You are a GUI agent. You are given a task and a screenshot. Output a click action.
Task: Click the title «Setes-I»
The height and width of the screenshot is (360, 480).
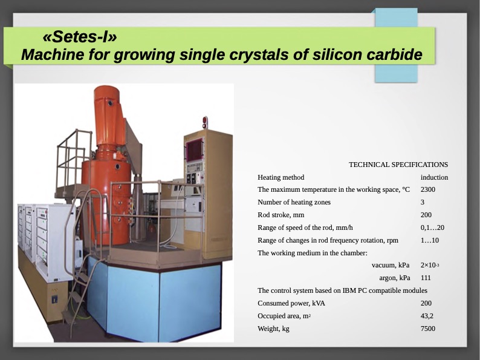coord(80,37)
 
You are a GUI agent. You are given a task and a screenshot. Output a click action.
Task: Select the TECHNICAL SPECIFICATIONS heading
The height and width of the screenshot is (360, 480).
coord(398,165)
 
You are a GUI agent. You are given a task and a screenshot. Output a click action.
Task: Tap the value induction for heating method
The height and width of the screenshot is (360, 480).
coord(434,177)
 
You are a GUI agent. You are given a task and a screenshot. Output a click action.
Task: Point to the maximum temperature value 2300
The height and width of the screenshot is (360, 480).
coord(427,189)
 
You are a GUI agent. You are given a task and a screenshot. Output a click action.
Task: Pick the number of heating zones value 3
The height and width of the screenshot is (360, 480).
coord(423,202)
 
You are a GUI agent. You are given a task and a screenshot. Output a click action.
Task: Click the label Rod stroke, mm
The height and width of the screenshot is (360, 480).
coord(281,215)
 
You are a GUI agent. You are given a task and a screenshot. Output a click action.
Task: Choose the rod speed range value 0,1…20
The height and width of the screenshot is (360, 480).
coord(432,227)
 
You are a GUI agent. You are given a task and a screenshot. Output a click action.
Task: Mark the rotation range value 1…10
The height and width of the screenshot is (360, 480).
coord(429,240)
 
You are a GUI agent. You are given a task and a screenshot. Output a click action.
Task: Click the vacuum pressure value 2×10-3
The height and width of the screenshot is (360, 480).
coord(430,265)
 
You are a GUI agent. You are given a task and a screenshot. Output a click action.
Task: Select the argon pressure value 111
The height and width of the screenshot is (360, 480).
coord(426,278)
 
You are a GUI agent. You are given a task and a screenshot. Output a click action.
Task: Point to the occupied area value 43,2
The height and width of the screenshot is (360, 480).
coord(427,316)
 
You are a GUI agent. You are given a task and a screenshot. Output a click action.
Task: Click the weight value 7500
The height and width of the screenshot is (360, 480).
coord(427,329)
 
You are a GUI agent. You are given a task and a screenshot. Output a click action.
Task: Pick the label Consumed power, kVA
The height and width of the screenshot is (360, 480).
coord(291,303)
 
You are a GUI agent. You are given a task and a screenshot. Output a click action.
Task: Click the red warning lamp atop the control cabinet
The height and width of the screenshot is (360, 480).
coord(205,122)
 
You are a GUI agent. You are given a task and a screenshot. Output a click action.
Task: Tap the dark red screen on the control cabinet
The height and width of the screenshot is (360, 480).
coord(195,150)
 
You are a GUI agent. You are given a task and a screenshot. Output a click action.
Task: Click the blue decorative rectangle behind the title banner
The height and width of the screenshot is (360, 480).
coord(396,45)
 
